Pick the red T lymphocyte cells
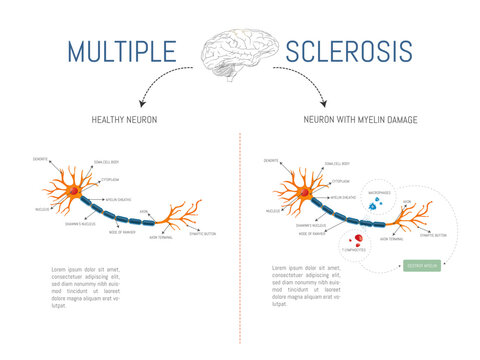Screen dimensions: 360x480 point(355,240)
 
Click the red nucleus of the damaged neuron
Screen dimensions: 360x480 point(300,192)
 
